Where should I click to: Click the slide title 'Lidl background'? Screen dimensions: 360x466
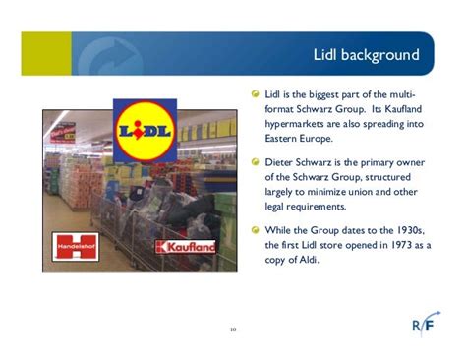coord(365,54)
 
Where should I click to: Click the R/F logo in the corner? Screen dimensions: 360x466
coord(426,327)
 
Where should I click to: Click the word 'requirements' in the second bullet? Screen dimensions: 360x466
coord(315,208)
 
